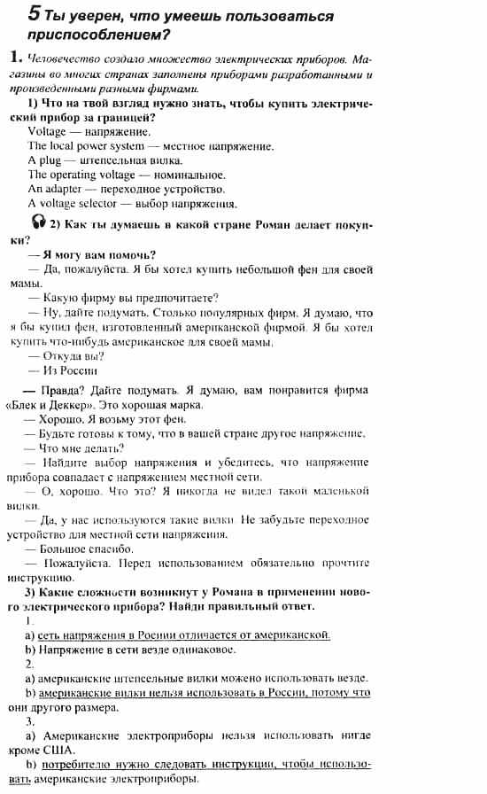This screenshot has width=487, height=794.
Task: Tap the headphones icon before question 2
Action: pos(36,222)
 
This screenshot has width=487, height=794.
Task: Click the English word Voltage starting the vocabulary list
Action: pos(47,131)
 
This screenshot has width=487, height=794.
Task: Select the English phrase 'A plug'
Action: pos(43,160)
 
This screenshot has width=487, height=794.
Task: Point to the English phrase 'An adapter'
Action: pos(52,189)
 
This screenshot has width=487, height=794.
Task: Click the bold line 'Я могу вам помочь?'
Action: pos(99,254)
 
